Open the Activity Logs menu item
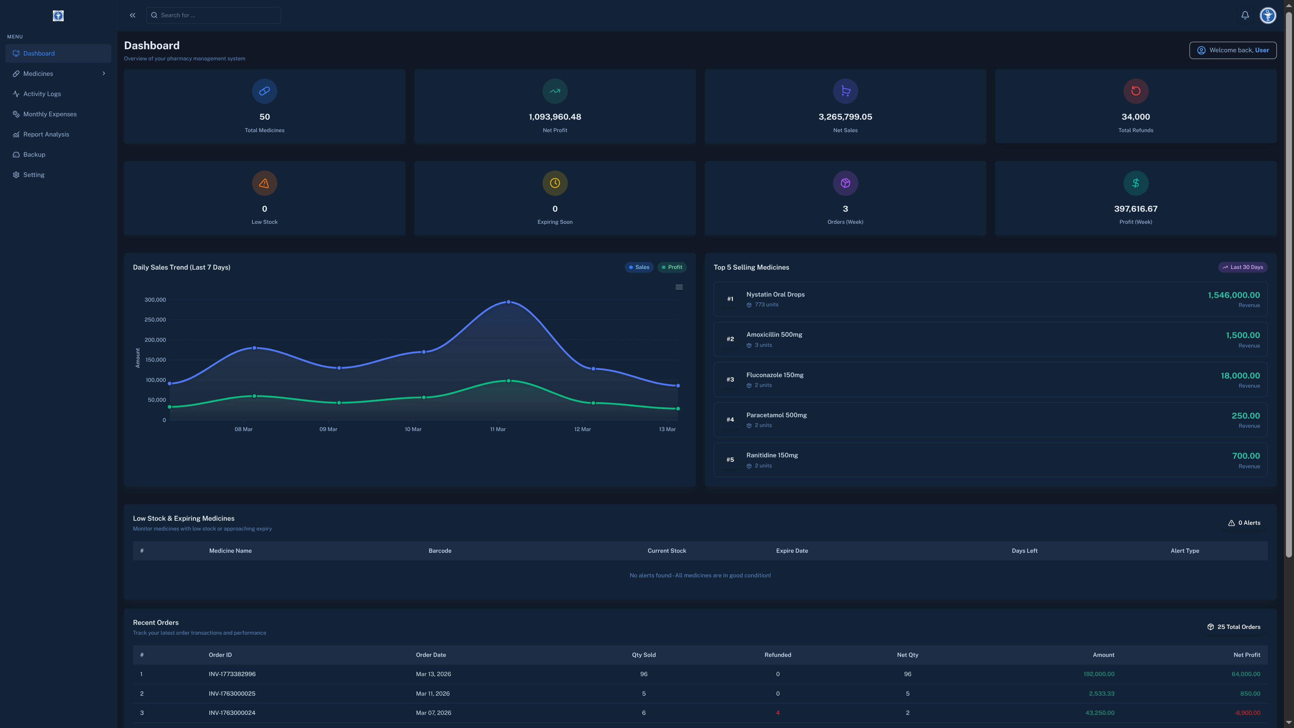[x=42, y=94]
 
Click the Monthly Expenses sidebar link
[x=50, y=114]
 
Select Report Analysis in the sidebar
[x=46, y=134]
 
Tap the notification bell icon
[x=1245, y=15]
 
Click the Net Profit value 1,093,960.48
[x=555, y=117]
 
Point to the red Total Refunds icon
[x=1135, y=91]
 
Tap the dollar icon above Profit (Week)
[x=1135, y=183]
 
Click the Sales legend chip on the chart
[x=639, y=267]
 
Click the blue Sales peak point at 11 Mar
[x=509, y=302]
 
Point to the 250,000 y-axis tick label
[x=155, y=320]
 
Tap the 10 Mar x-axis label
[x=413, y=429]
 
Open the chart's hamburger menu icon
[x=679, y=287]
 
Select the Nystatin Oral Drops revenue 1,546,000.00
[x=1233, y=295]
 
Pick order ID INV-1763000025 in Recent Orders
[x=232, y=693]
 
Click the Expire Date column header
[x=792, y=551]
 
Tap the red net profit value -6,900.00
[x=1247, y=712]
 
